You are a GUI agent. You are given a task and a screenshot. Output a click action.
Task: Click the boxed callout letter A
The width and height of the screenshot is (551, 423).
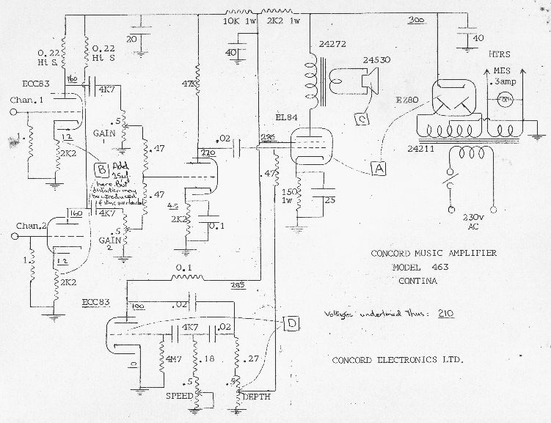pyautogui.click(x=379, y=167)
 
